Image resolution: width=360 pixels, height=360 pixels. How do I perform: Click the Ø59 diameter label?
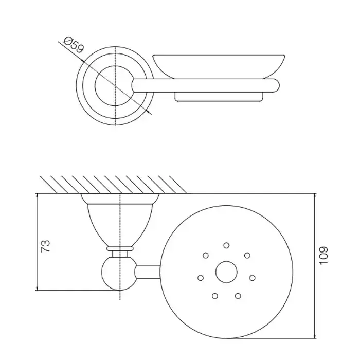[x=74, y=45]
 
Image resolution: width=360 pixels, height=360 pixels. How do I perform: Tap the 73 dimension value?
[x=45, y=246]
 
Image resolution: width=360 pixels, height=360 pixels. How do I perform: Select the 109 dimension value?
[x=323, y=256]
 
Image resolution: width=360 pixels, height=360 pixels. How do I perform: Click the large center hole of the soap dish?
[x=226, y=272]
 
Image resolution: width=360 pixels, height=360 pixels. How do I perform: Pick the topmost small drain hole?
[x=226, y=245]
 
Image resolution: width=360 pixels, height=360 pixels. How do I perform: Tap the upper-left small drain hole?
[x=206, y=255]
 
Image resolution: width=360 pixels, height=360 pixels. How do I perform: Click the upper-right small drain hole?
[x=247, y=255]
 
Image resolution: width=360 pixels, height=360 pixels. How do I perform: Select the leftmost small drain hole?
[x=201, y=278]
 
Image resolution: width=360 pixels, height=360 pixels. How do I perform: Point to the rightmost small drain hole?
[x=252, y=278]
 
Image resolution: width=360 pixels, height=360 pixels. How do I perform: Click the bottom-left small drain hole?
[x=215, y=296]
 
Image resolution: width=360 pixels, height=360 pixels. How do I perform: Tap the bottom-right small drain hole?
[x=238, y=296]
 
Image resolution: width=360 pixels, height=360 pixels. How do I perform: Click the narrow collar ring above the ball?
[x=120, y=248]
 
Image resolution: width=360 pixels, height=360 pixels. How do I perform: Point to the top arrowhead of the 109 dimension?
[x=315, y=196]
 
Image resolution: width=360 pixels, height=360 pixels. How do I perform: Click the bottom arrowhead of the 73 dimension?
[x=37, y=288]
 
